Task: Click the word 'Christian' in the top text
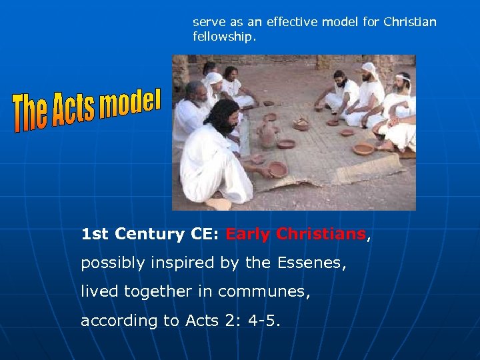pos(411,22)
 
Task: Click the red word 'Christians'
pos(321,234)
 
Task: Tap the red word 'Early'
pos(248,234)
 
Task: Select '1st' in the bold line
pos(95,234)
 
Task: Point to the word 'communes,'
pos(276,291)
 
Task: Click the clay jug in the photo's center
pos(267,135)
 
